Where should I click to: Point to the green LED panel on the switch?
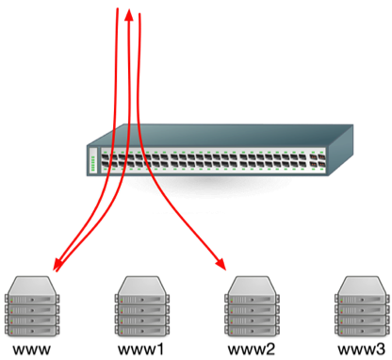92,162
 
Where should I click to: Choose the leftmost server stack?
32,303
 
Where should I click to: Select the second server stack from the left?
141,303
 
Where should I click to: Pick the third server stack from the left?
252,303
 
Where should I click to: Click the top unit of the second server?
141,283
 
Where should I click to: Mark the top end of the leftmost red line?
117,11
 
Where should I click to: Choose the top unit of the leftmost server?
32,283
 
